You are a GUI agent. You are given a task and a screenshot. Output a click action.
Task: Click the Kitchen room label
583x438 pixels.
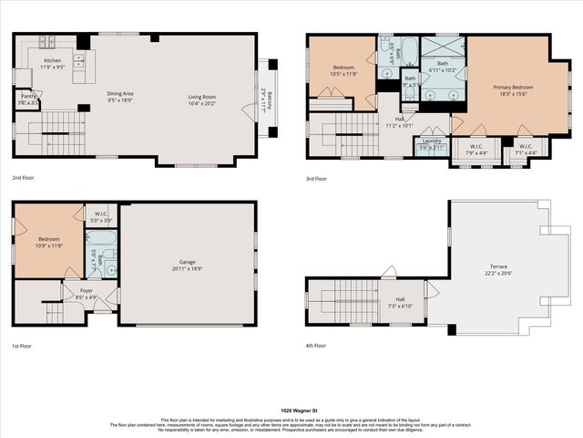(x=53, y=61)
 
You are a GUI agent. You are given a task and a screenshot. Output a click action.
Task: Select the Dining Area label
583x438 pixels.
(x=120, y=94)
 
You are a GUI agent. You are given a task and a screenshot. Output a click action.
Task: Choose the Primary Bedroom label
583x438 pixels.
(x=513, y=88)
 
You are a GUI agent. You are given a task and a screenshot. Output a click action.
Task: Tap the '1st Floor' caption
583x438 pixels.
(x=24, y=347)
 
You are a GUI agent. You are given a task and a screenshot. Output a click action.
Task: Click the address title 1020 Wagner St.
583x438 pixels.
(x=291, y=412)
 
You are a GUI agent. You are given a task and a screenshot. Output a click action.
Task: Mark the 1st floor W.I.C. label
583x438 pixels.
(x=101, y=216)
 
